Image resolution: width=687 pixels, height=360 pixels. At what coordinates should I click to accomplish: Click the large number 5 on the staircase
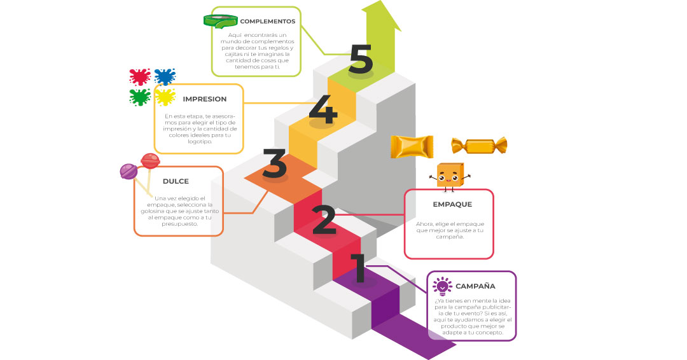click(x=361, y=59)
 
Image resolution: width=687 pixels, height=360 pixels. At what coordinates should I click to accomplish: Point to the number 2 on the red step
click(x=324, y=219)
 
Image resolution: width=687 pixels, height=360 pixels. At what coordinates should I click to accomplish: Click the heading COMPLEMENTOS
click(x=267, y=21)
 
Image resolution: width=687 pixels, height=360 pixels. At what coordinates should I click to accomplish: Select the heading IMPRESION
click(x=204, y=99)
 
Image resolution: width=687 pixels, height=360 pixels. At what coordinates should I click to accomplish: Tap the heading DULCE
click(x=176, y=181)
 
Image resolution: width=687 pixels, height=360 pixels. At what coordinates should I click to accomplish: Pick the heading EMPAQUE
click(x=452, y=204)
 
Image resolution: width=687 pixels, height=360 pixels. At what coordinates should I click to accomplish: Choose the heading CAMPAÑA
click(x=475, y=286)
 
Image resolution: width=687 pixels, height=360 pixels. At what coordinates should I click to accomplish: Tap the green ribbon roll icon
click(x=220, y=20)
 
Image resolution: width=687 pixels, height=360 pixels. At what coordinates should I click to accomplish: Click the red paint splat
click(x=139, y=77)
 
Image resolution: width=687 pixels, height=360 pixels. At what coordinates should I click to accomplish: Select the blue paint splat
click(x=165, y=77)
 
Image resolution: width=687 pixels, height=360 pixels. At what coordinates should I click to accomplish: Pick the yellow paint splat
click(x=165, y=97)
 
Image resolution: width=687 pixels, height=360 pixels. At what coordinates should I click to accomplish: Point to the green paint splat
click(x=139, y=97)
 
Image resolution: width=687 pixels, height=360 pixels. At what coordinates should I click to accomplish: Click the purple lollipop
click(x=129, y=170)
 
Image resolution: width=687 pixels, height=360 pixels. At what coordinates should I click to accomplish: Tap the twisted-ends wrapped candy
click(x=478, y=146)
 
